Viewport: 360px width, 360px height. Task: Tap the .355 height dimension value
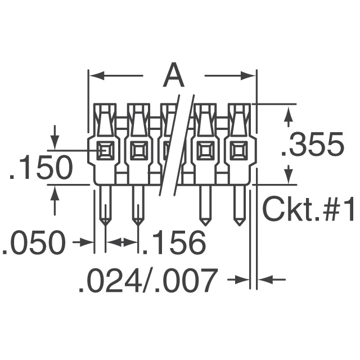click(x=313, y=144)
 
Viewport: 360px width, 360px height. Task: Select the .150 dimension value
click(x=41, y=167)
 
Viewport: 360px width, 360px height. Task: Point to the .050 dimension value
click(x=34, y=242)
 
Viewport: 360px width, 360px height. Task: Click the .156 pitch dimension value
click(x=174, y=242)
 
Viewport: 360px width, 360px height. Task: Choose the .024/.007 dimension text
click(x=148, y=280)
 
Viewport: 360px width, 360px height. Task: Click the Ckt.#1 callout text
click(x=308, y=209)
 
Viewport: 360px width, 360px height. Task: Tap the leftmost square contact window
click(x=105, y=151)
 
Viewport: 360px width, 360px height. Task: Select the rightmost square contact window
click(x=240, y=151)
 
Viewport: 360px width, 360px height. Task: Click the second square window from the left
click(x=139, y=151)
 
